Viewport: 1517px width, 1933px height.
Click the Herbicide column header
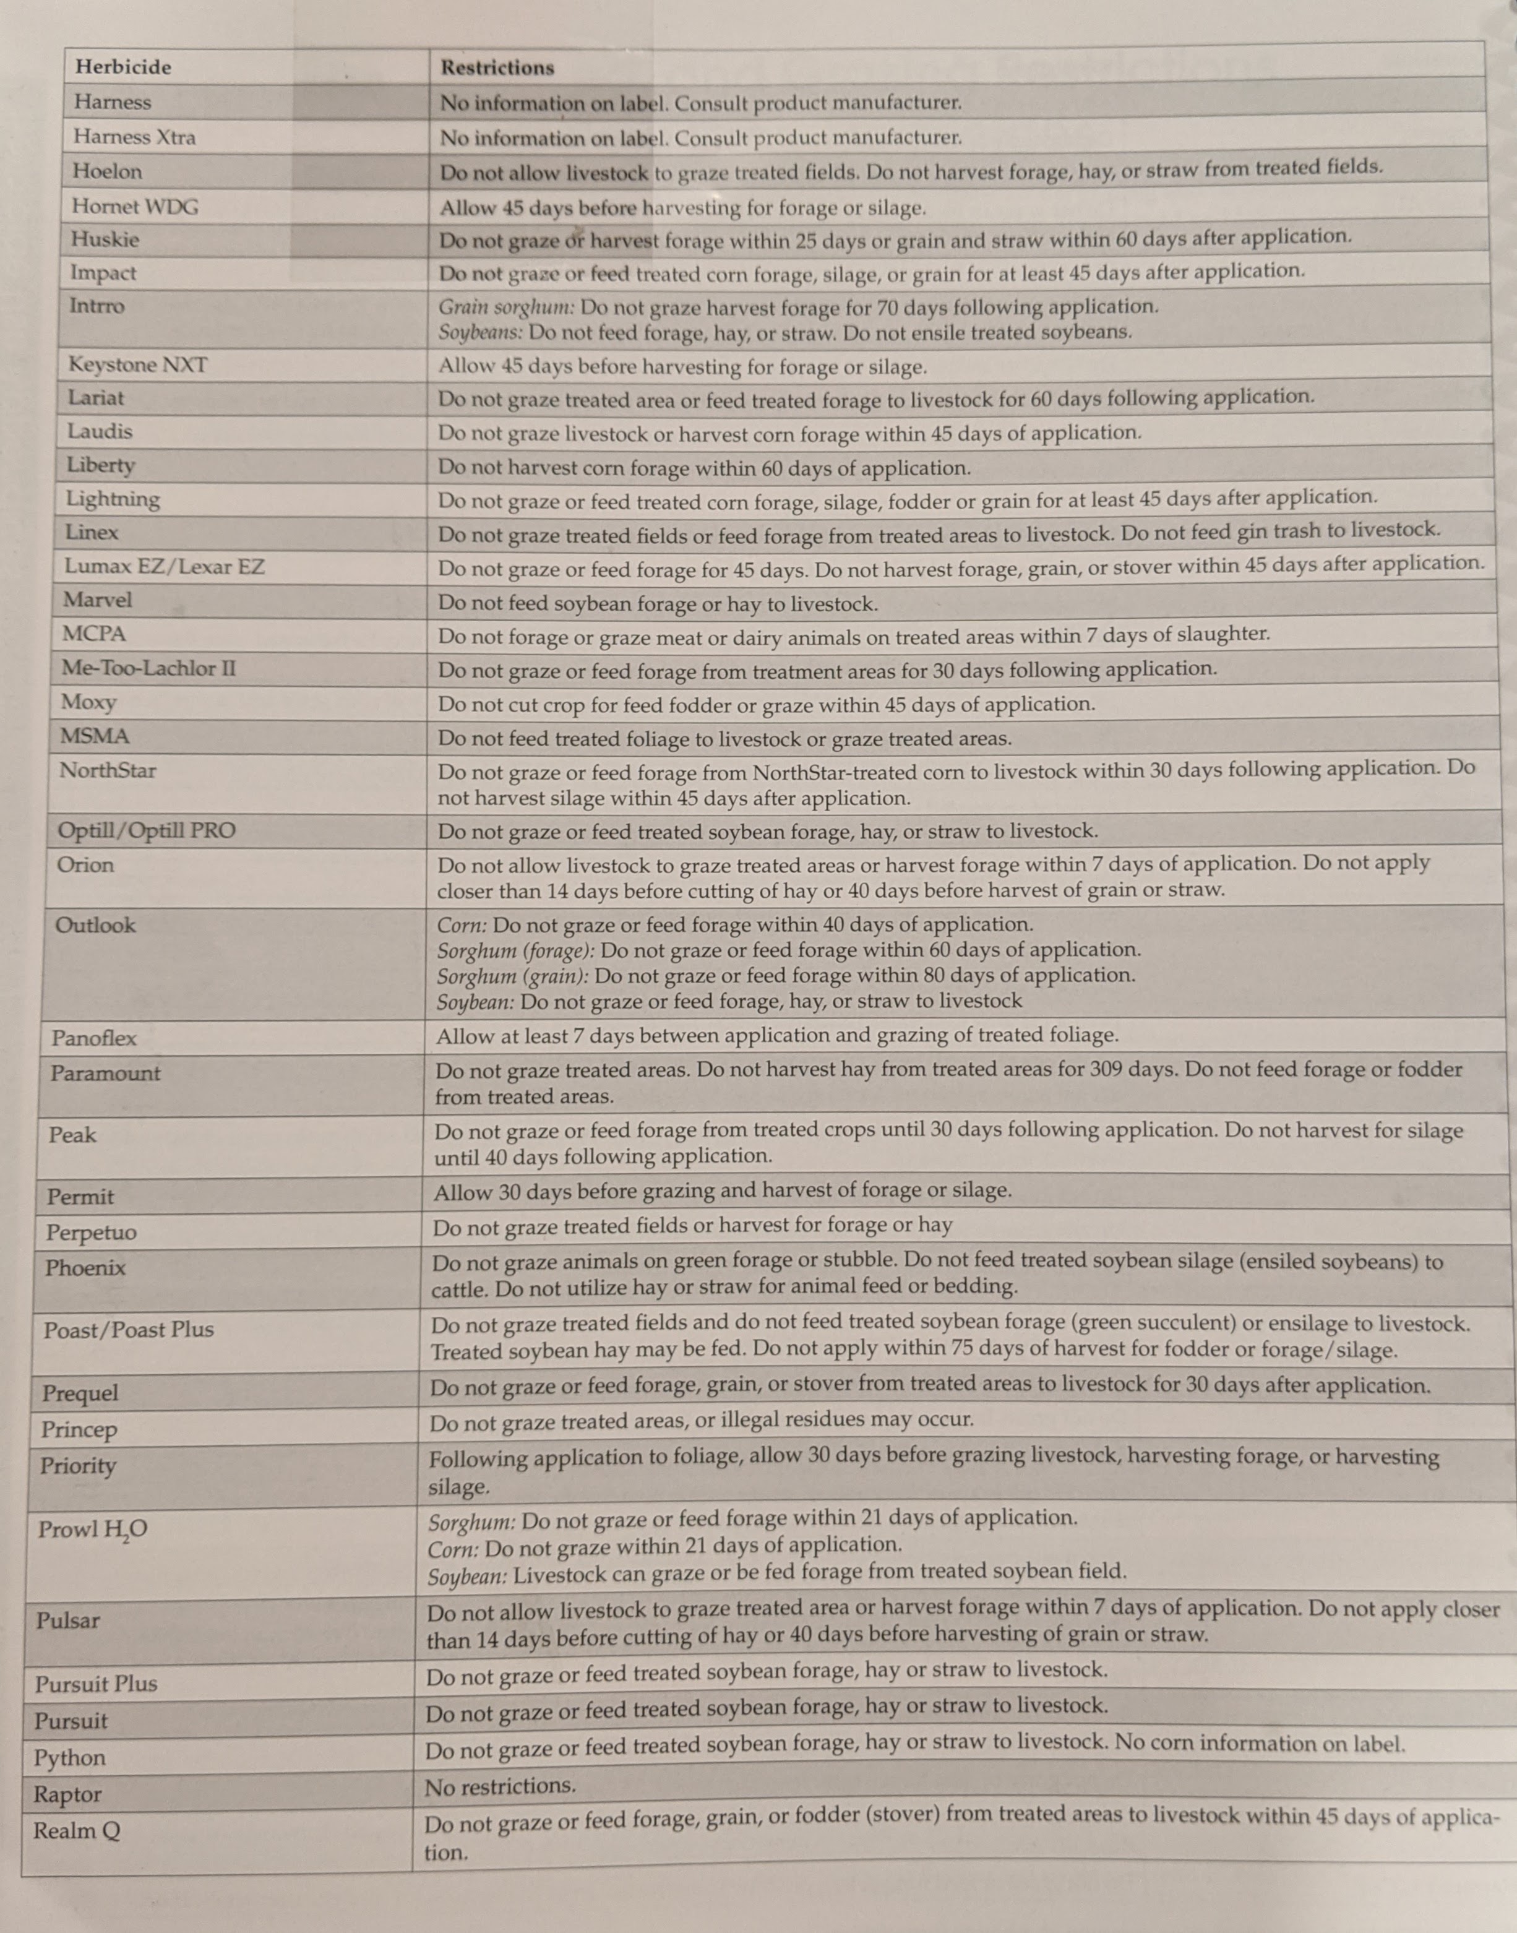pos(124,67)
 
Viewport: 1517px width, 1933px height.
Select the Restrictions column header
pos(497,67)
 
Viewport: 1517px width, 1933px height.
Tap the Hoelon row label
pos(108,171)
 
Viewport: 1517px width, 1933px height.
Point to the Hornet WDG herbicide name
pos(135,206)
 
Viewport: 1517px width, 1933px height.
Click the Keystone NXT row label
pos(138,364)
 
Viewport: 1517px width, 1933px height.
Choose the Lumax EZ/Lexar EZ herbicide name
pos(165,566)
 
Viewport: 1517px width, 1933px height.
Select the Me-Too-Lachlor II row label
pos(149,668)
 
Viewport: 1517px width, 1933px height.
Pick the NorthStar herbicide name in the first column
pos(108,770)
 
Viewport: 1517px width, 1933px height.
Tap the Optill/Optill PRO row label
pos(147,830)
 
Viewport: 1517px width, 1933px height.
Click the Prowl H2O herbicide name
pos(92,1530)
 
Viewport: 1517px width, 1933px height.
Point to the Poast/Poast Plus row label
pos(129,1330)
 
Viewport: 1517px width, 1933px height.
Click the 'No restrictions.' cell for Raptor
pos(500,1786)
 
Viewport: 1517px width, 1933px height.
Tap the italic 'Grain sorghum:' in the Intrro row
pos(506,308)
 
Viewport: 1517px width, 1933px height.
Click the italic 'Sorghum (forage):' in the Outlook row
pos(515,950)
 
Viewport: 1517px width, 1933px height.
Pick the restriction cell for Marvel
pos(657,604)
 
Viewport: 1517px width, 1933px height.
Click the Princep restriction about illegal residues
pos(702,1421)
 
